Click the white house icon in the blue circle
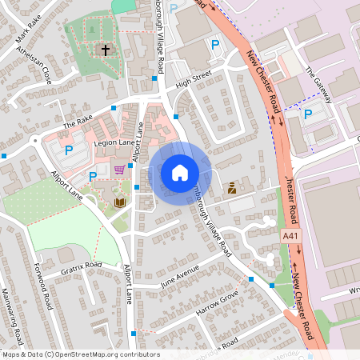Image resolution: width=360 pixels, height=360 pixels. pos(180,172)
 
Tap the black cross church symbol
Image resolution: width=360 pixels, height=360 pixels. pos(105,50)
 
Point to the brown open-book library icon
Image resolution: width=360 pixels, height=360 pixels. pos(119,202)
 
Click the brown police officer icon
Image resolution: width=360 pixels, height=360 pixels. pos(232,188)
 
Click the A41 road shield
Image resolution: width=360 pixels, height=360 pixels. pos(291,237)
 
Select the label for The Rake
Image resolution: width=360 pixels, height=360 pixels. pos(78,124)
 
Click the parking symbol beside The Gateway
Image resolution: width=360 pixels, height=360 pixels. pos(308,114)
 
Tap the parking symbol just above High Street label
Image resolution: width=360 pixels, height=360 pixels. pos(214,46)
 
